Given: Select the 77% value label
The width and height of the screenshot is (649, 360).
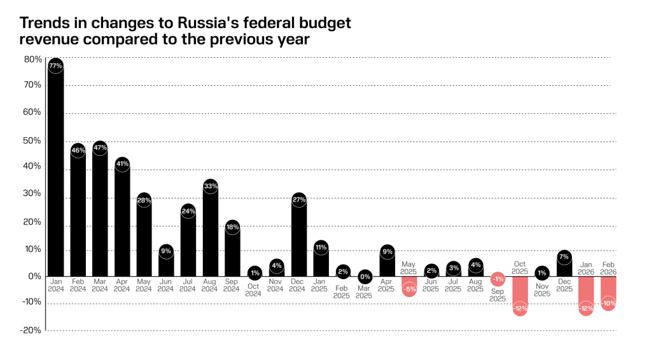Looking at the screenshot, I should click(x=55, y=66).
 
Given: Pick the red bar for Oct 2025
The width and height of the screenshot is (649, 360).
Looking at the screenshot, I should click(x=520, y=294).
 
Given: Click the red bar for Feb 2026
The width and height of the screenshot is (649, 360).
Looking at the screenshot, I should click(x=608, y=291).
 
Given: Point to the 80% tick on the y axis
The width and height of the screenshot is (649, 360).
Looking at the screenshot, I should click(x=33, y=59).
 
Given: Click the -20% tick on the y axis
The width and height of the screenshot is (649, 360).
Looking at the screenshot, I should click(x=32, y=330).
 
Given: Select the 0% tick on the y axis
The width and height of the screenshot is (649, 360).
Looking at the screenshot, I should click(x=36, y=276).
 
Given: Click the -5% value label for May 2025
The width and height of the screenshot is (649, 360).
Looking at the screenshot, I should click(x=410, y=289).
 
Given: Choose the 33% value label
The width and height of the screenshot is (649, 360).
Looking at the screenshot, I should click(x=211, y=186).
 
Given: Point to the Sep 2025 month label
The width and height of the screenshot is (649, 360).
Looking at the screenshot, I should click(x=498, y=294).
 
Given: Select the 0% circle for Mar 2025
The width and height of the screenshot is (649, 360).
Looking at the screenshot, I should click(x=365, y=276).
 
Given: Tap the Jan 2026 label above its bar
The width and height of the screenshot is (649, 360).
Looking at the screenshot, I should click(x=586, y=267).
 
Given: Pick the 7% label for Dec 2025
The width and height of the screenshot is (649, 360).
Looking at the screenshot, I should click(x=564, y=257).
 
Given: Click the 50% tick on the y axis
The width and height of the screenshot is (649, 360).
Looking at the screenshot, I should click(x=33, y=141).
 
